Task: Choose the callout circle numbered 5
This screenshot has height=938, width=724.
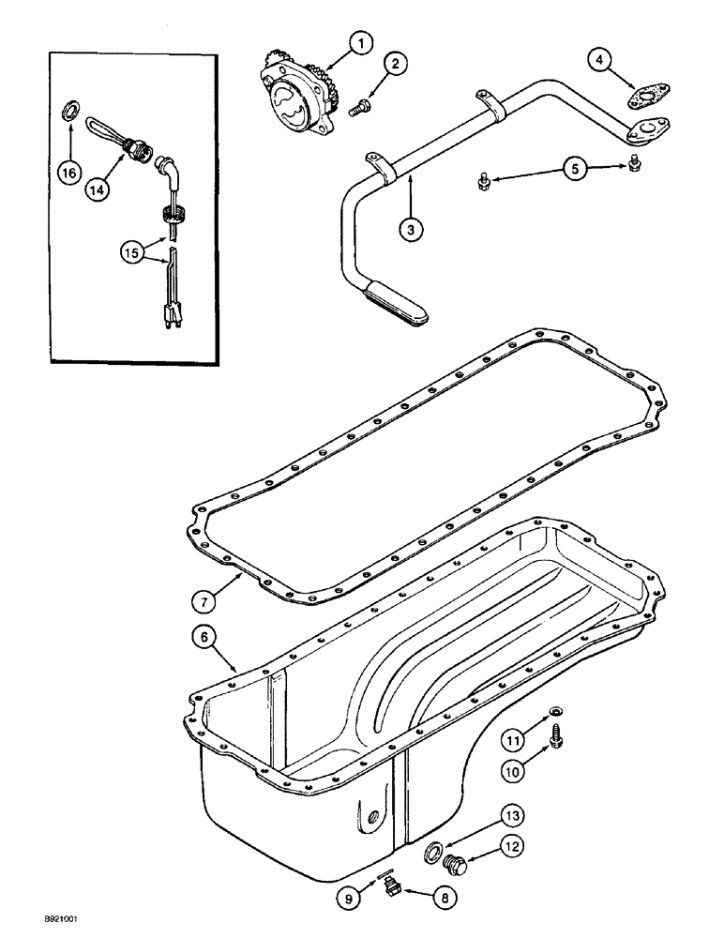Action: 572,169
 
